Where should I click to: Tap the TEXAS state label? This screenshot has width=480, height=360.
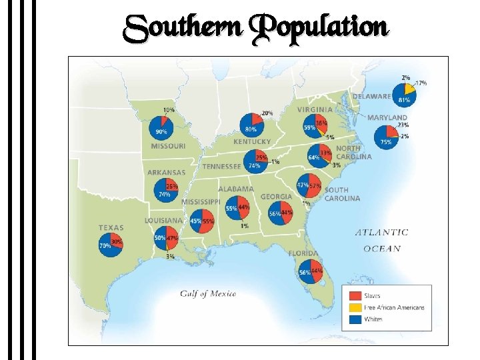click(x=111, y=227)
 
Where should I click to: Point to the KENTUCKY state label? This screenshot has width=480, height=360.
click(x=252, y=141)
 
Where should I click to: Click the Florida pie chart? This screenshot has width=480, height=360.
click(x=310, y=272)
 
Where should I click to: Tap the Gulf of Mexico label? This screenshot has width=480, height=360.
click(x=208, y=294)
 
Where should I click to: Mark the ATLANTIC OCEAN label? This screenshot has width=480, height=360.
click(x=381, y=240)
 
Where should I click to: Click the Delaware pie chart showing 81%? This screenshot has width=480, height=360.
click(x=404, y=94)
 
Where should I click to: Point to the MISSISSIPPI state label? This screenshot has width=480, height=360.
click(x=201, y=201)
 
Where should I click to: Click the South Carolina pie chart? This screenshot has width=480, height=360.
click(x=309, y=185)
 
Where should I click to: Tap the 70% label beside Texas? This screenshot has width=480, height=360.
click(x=105, y=245)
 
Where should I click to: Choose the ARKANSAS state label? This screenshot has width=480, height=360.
click(x=166, y=172)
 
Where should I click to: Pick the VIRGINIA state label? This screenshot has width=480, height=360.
click(x=315, y=109)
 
